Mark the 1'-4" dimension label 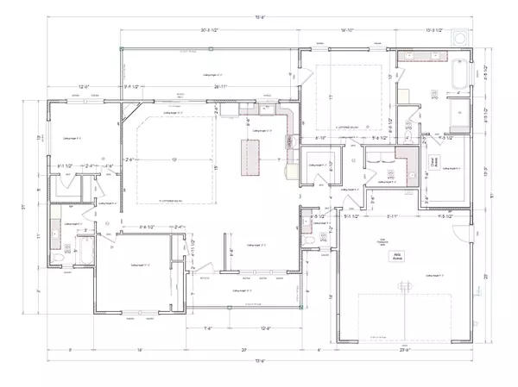click(x=208, y=328)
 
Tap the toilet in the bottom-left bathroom click(x=59, y=258)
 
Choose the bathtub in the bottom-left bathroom click(x=86, y=255)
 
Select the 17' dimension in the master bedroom click(x=332, y=97)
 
